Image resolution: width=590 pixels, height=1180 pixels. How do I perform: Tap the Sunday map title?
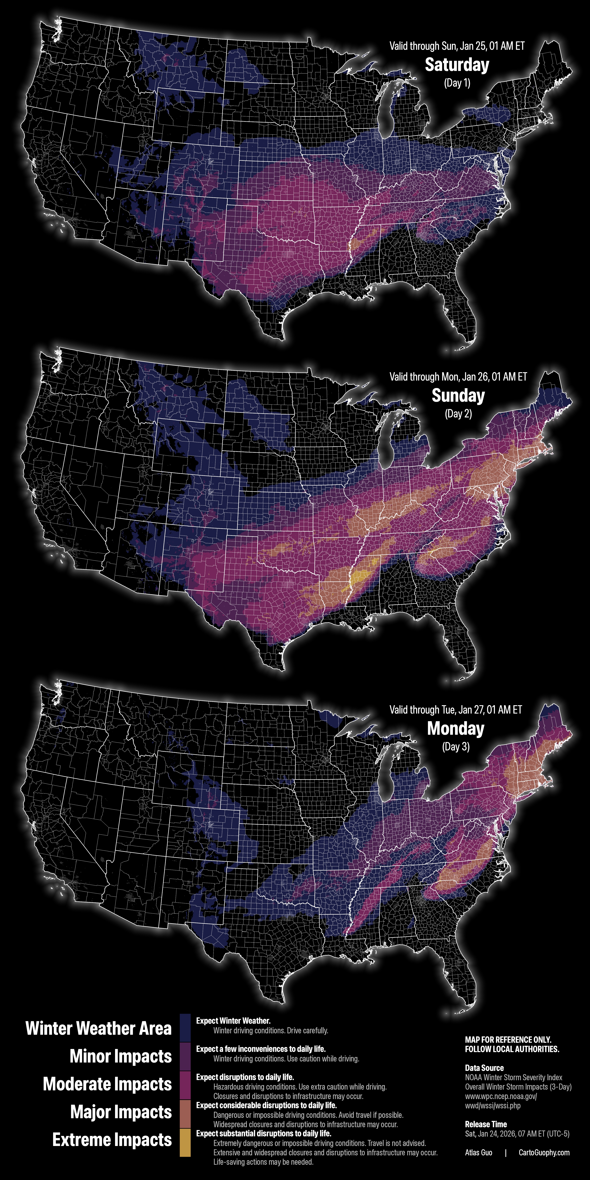tap(458, 396)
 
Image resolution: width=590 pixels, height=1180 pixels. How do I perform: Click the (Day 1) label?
tap(457, 83)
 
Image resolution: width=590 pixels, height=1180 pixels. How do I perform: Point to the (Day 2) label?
tap(458, 414)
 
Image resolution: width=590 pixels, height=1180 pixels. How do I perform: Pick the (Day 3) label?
tap(456, 747)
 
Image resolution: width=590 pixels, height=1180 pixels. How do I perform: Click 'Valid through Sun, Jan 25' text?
tap(457, 46)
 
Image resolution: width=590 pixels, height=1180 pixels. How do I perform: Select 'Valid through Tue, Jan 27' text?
tap(456, 710)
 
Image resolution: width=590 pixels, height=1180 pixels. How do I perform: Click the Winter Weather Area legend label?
tap(99, 1028)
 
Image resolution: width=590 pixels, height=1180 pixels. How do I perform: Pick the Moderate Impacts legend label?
tap(107, 1084)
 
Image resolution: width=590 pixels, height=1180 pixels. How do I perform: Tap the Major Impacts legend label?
tap(121, 1112)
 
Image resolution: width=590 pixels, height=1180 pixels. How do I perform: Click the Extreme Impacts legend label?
tap(112, 1140)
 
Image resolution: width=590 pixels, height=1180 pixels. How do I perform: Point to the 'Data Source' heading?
tap(484, 1068)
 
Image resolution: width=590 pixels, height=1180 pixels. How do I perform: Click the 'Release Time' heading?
tap(486, 1124)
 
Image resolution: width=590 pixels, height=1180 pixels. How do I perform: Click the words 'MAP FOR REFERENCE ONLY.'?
tap(508, 1039)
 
